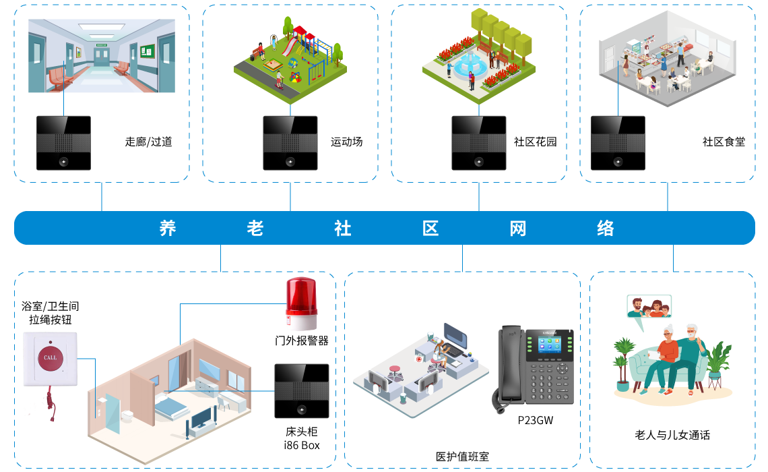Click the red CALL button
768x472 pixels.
50,357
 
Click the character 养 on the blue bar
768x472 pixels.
168,228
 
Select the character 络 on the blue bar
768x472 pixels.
606,228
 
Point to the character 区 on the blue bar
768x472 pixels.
430,228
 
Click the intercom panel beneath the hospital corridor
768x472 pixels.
63,143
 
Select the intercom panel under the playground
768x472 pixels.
290,143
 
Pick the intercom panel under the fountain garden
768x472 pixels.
479,143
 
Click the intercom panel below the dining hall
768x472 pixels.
618,143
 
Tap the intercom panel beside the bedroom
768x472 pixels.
301,391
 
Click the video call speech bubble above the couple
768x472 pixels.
649,307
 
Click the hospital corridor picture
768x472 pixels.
102,56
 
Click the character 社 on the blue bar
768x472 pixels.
343,228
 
